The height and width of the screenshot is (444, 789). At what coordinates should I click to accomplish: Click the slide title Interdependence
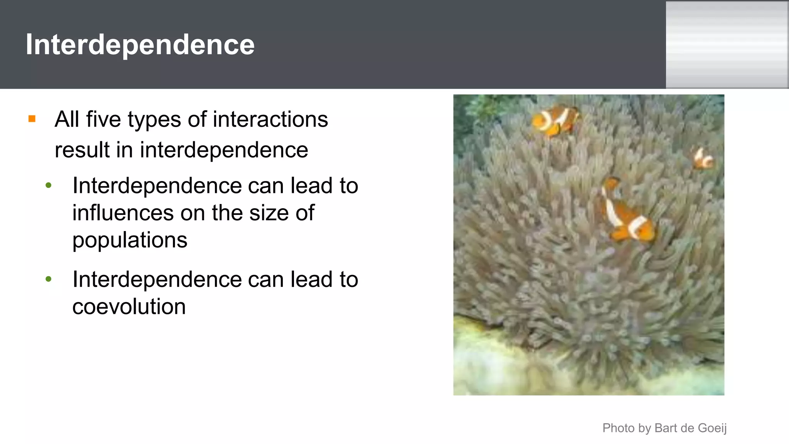[140, 45]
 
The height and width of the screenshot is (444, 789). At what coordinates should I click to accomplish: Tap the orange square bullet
[32, 119]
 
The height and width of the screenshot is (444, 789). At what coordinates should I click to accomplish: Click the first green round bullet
[49, 186]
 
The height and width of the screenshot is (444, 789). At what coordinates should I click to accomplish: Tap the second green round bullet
[49, 279]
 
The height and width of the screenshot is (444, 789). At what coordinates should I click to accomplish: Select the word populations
[130, 240]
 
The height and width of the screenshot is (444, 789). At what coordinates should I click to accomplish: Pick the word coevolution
[129, 307]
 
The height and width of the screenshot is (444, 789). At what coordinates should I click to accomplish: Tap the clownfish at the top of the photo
[556, 121]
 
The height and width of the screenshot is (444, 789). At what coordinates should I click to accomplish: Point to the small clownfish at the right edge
[703, 159]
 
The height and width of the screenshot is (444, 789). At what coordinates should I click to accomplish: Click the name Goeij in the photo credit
[712, 428]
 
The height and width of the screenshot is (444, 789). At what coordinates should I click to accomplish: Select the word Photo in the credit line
[618, 428]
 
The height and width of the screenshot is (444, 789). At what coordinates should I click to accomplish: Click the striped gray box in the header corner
[727, 45]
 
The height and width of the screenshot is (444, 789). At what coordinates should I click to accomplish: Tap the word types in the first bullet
[154, 120]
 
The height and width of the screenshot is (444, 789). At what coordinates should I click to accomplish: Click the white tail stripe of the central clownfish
[637, 227]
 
